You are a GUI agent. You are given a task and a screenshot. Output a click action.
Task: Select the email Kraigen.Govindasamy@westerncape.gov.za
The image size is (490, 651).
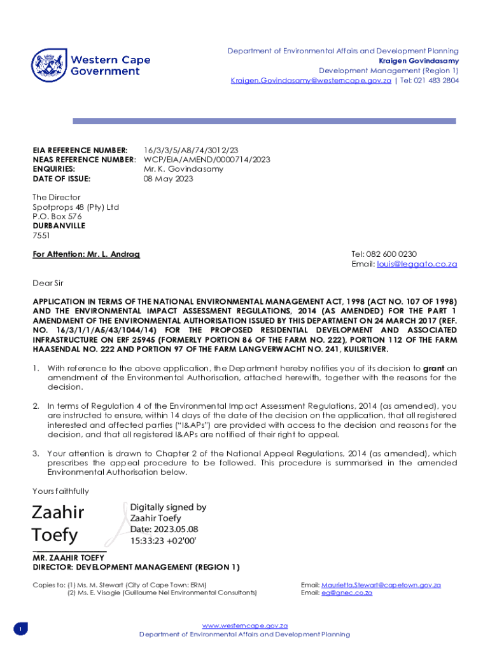(x=311, y=81)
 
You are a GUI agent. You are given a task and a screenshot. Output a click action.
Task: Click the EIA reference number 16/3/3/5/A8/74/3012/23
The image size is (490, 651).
(x=191, y=150)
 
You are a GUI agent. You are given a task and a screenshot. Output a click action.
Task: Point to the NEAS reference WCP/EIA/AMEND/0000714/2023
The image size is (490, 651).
(x=207, y=160)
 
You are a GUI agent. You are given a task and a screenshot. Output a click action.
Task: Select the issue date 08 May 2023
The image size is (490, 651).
(x=168, y=179)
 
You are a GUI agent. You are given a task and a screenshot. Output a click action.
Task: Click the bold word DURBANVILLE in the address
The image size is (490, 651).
(x=59, y=226)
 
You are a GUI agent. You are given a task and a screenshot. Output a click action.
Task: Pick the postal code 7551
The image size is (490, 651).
(x=41, y=235)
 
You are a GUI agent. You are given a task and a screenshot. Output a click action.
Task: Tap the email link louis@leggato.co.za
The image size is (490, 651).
(x=417, y=264)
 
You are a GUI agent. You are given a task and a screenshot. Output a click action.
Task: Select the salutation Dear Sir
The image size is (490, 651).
(x=48, y=283)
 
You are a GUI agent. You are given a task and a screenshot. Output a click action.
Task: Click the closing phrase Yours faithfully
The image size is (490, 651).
(x=61, y=491)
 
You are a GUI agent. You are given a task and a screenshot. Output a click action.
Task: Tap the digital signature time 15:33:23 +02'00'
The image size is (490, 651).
(x=164, y=540)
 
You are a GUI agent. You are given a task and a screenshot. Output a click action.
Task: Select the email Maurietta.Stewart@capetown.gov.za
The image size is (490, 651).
(x=381, y=585)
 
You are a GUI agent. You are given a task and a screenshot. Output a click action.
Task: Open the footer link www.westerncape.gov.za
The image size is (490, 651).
(x=245, y=626)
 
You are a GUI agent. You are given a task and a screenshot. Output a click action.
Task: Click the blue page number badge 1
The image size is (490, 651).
(x=20, y=629)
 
